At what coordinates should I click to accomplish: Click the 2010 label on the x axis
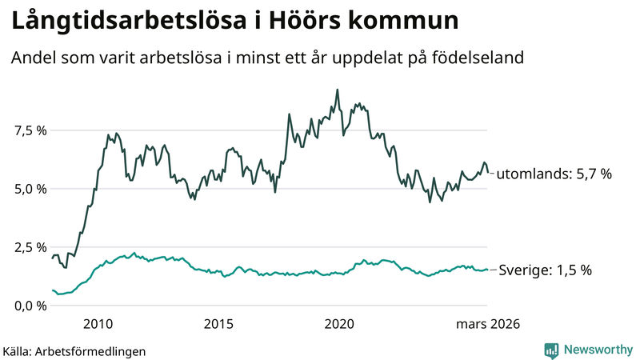click(x=98, y=324)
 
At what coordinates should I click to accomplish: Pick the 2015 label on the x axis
click(x=218, y=324)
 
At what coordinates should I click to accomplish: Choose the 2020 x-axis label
click(x=340, y=324)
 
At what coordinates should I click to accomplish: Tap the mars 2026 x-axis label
click(x=488, y=324)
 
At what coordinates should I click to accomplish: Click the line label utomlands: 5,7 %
click(x=554, y=174)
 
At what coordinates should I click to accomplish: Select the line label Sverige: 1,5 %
click(x=545, y=270)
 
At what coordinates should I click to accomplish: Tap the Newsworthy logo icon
click(x=551, y=350)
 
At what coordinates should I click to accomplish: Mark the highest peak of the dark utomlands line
click(x=337, y=90)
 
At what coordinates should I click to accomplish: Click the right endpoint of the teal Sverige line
click(x=487, y=270)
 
